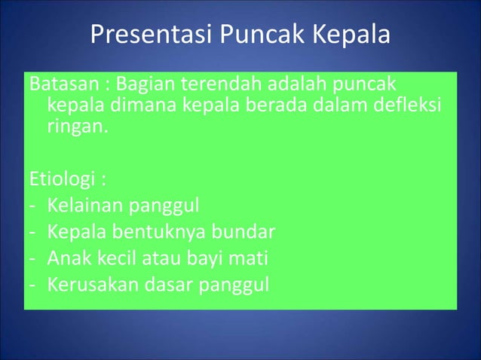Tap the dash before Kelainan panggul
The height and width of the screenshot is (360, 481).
pos(34,206)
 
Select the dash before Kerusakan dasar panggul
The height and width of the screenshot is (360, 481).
pos(34,285)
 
